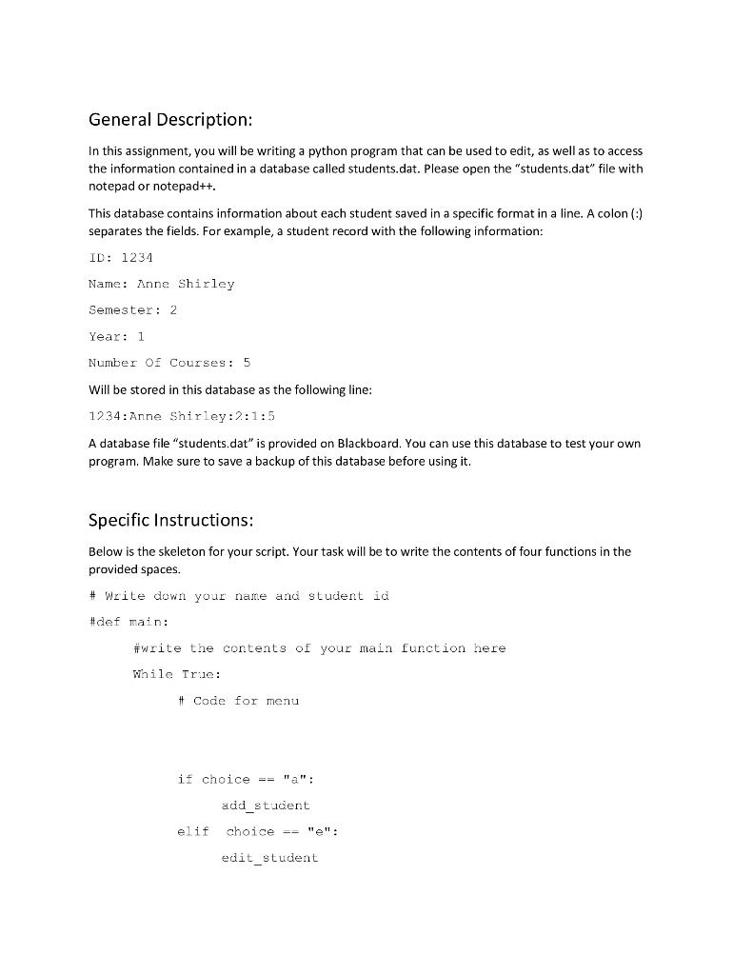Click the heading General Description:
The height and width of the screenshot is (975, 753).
point(170,120)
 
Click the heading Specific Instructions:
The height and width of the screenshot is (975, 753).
point(170,520)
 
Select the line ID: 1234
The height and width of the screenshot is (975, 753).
point(121,258)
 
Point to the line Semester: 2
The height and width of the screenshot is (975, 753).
point(133,309)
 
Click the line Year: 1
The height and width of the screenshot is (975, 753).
point(116,336)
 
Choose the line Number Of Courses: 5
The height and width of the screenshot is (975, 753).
point(169,362)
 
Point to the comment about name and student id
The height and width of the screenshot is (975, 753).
point(238,596)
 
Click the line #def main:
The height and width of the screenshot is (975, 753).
point(128,622)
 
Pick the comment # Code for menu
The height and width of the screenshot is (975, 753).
point(238,701)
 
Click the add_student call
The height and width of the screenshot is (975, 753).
point(266,806)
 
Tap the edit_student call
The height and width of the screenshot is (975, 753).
point(269,858)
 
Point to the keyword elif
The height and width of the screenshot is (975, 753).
point(192,831)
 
